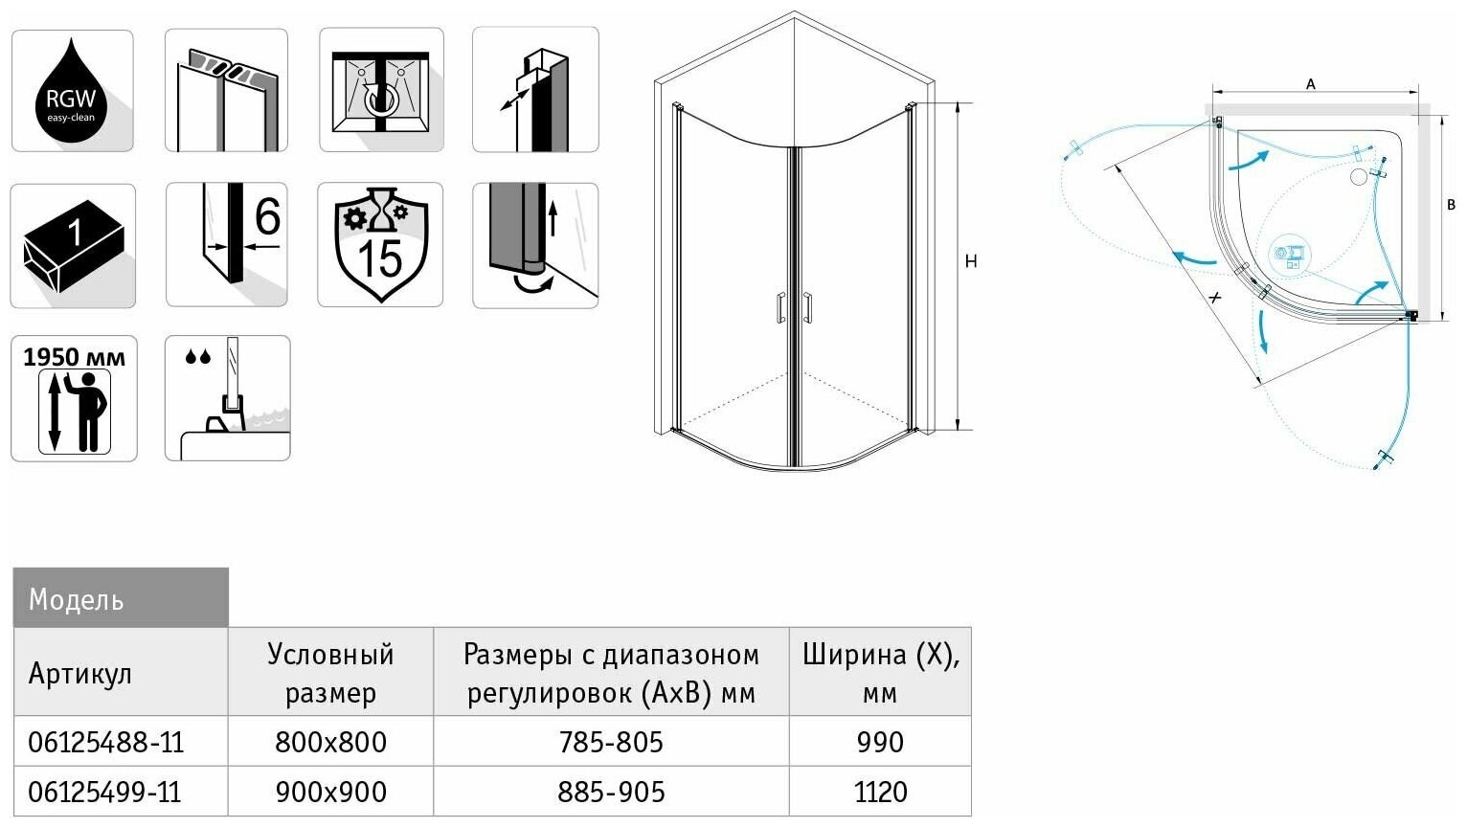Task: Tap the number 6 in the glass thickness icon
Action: [267, 216]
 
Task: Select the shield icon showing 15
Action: [380, 245]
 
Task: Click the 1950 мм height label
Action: [74, 357]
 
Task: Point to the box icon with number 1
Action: [73, 245]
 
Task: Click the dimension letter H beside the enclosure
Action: [971, 261]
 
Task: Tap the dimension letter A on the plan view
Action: [1311, 84]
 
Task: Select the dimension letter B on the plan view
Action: [1452, 205]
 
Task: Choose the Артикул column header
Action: [79, 673]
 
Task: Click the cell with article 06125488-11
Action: [105, 742]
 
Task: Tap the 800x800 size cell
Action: [330, 742]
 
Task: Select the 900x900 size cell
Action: [330, 793]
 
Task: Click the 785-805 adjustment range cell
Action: [611, 742]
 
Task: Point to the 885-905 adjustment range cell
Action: [611, 793]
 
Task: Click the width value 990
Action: [880, 742]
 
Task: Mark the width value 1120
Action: [880, 793]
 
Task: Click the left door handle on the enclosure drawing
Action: [781, 307]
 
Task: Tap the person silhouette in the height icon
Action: [90, 411]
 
